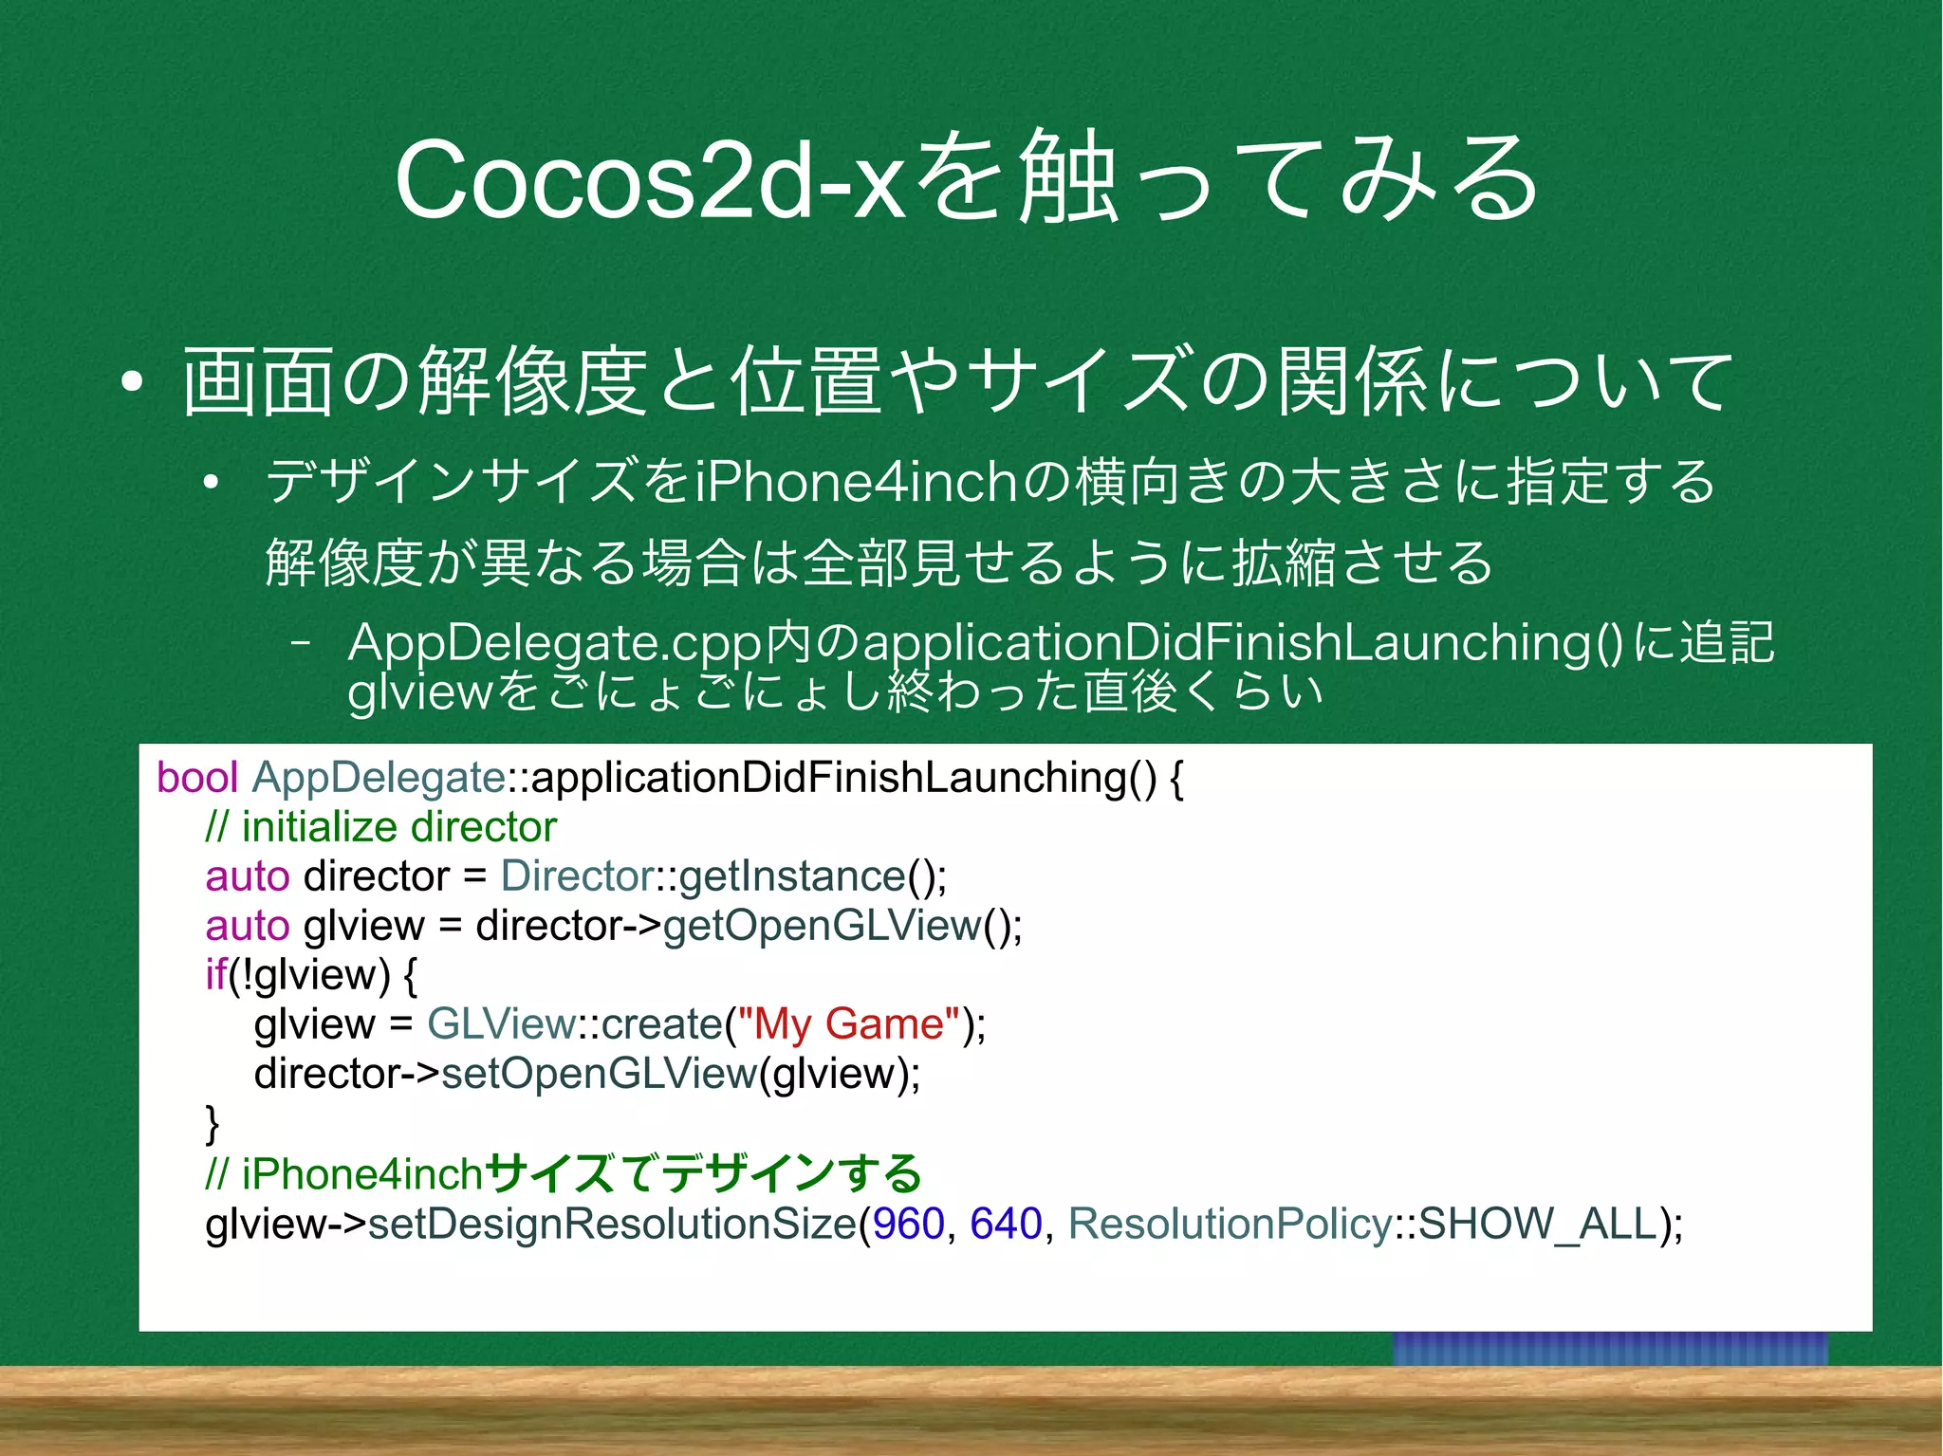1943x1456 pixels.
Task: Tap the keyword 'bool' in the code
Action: coord(196,778)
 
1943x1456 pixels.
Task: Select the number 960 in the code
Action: coord(908,1224)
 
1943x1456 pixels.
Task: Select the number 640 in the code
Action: coord(1006,1224)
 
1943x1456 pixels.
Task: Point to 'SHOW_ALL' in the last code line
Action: coord(1537,1224)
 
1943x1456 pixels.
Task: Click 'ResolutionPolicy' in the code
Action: coord(1230,1224)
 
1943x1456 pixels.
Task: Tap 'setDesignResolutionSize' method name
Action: coord(612,1224)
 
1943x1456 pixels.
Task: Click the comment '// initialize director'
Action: coord(380,827)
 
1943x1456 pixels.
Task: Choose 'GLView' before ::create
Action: coord(501,1024)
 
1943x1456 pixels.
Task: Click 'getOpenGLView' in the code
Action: coord(822,926)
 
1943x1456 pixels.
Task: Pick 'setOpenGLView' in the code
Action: coord(599,1074)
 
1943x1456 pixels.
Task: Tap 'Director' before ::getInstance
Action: coord(577,876)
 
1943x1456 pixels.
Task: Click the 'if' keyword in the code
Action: coord(215,975)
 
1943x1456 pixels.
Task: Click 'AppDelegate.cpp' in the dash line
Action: coord(555,644)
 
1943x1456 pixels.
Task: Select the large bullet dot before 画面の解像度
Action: coord(132,382)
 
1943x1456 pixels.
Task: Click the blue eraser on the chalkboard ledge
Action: coord(1609,1348)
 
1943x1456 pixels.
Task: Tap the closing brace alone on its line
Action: coord(213,1124)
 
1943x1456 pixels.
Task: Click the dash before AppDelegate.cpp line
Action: coord(302,644)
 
